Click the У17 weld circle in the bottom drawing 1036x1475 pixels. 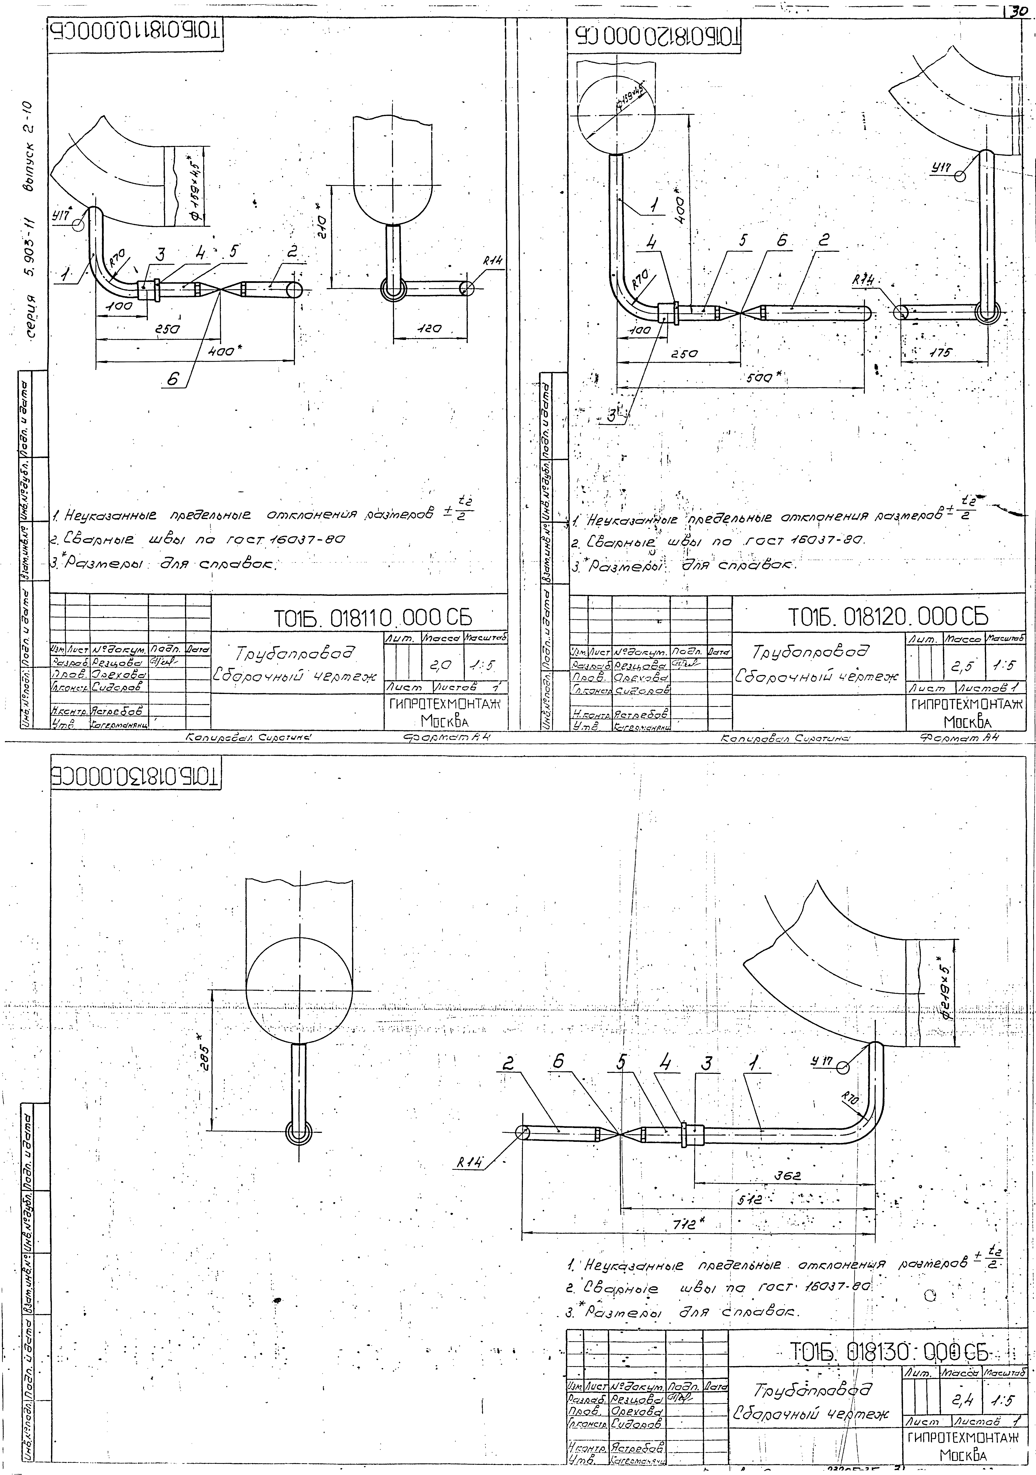842,1068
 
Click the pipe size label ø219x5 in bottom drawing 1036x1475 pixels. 947,993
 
